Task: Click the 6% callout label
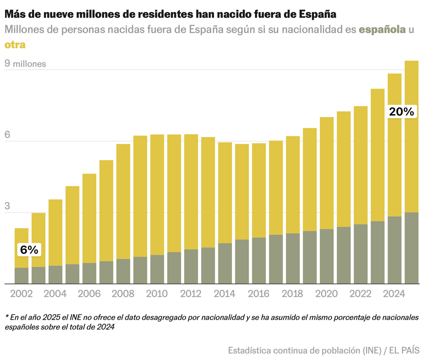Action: (29, 250)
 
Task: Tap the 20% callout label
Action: (402, 112)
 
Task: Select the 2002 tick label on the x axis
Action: (21, 294)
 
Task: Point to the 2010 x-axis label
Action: (157, 294)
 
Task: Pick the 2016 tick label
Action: (259, 294)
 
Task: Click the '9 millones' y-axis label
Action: (25, 64)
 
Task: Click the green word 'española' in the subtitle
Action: (383, 29)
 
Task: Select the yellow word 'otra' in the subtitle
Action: (15, 45)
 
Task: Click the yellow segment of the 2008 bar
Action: (124, 201)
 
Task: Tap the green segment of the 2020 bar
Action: (326, 256)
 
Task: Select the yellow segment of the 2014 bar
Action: (225, 193)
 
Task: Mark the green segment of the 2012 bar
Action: (191, 266)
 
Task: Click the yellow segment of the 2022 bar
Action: (360, 165)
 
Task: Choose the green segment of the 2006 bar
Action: (89, 273)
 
